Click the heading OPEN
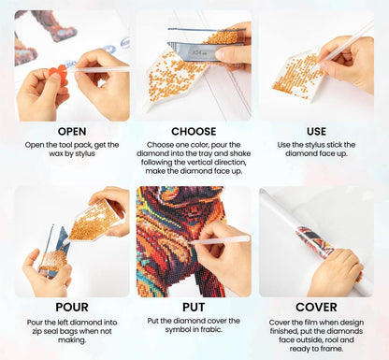[x=72, y=131]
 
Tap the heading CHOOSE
[x=194, y=131]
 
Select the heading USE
[x=316, y=131]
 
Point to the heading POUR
[x=72, y=307]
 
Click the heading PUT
[x=194, y=307]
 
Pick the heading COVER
[x=316, y=307]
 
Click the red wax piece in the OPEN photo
[x=60, y=74]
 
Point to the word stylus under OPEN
[x=84, y=154]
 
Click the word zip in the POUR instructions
[x=37, y=331]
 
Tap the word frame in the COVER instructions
[x=333, y=349]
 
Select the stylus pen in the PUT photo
[x=219, y=240]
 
